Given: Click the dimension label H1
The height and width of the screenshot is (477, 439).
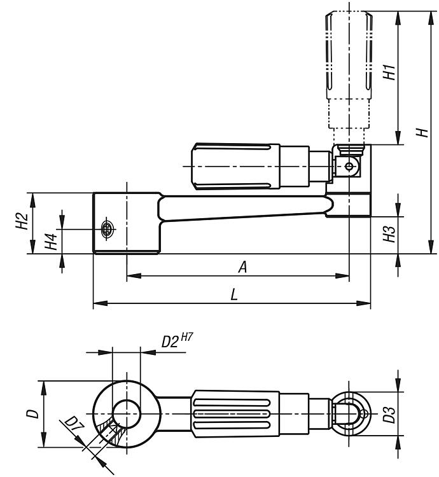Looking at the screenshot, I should (389, 72).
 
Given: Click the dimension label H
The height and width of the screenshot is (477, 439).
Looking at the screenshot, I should (421, 132).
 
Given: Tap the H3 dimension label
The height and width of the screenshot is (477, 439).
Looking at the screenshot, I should (389, 234).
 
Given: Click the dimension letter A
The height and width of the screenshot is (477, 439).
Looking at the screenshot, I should (242, 267).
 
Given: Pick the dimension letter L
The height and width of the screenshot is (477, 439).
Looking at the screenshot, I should (234, 295).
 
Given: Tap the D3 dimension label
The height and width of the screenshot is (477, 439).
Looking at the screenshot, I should (389, 415).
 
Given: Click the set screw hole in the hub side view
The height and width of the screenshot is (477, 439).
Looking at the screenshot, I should (107, 228).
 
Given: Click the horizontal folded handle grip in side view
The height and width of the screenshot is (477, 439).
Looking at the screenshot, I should (235, 166).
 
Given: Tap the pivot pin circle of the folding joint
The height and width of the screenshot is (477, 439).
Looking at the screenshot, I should (348, 167).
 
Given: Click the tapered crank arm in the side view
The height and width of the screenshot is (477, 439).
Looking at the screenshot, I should (242, 208).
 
